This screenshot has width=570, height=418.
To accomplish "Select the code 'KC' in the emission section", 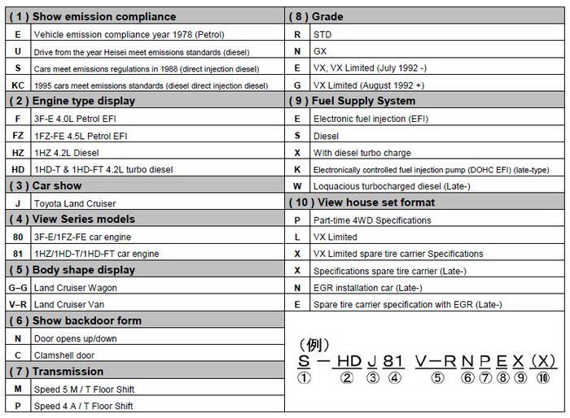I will click(18, 85).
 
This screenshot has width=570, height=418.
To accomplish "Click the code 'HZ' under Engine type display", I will click(18, 152).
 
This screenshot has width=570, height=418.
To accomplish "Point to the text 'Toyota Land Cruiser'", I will click(75, 203).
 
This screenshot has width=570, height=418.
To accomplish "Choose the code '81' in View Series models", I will click(18, 254).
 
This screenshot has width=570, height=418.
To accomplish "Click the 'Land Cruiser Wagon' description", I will click(76, 288).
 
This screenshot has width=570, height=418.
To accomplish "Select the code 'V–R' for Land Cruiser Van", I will click(18, 304).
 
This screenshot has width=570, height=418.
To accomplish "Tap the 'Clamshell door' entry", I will click(64, 355).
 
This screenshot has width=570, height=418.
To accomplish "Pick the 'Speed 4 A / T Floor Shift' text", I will click(83, 406).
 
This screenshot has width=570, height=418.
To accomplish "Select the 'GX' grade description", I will click(322, 50).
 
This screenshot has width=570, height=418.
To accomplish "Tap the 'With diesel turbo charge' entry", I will click(362, 152).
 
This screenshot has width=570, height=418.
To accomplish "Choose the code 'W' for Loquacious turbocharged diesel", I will click(297, 186).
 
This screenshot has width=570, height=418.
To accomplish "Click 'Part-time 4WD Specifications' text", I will click(372, 220).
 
